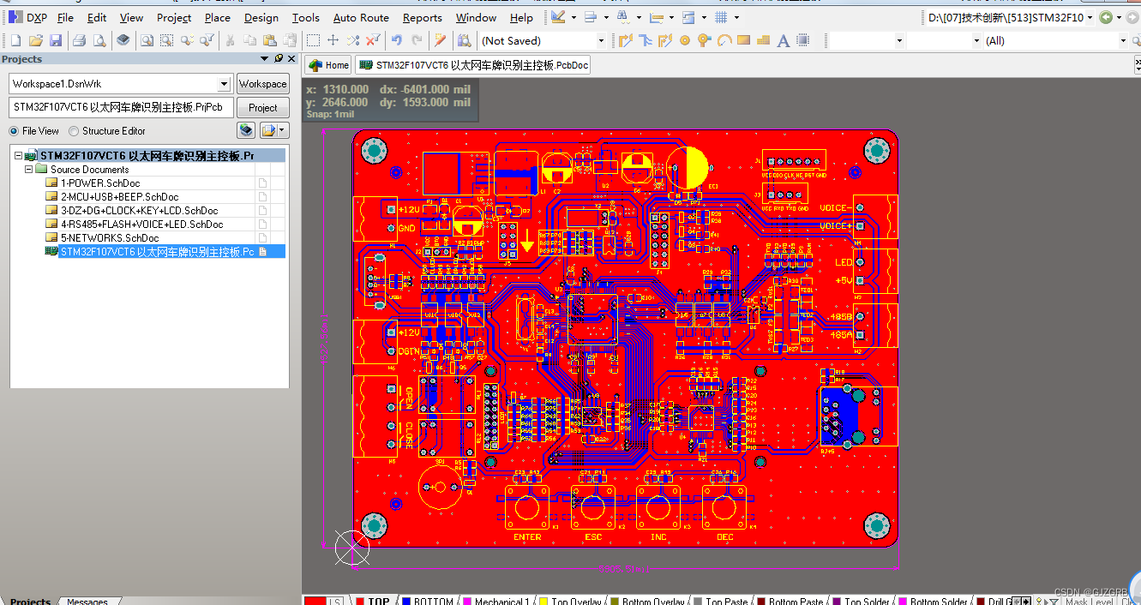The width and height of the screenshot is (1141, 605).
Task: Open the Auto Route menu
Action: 361,17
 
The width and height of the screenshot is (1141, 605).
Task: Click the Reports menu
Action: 422,17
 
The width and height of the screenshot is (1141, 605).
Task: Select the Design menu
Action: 261,17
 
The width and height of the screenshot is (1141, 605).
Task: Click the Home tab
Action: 329,65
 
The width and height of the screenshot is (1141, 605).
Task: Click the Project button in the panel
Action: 262,108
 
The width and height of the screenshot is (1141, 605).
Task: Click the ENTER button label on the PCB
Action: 527,537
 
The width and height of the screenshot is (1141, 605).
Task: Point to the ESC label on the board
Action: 593,537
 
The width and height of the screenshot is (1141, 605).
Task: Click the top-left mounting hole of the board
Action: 375,151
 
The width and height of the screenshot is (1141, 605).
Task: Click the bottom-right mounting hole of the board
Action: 876,524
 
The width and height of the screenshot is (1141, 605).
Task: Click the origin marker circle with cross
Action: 351,548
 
